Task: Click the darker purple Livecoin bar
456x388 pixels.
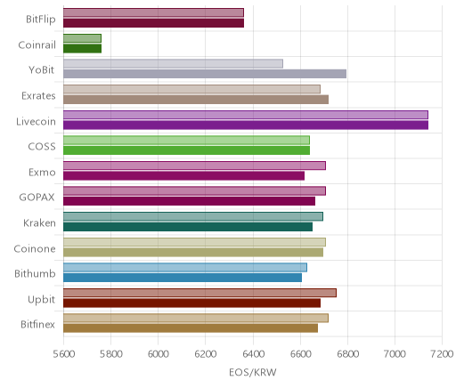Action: pos(246,125)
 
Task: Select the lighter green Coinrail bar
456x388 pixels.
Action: pos(82,38)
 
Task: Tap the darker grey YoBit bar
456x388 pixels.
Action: pos(205,74)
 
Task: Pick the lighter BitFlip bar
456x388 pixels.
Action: pos(153,12)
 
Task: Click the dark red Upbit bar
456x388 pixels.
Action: pos(191,303)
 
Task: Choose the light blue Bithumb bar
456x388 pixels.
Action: pos(185,268)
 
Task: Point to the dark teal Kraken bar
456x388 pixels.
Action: pos(188,227)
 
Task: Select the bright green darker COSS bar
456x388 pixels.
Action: pos(186,150)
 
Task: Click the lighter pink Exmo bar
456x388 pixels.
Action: pos(194,166)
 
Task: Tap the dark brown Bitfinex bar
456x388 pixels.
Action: pos(191,328)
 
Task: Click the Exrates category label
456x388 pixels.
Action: pos(38,96)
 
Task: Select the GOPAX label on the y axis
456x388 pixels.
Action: pos(37,198)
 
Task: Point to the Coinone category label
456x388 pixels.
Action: pos(35,248)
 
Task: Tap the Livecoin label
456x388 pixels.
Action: pos(36,122)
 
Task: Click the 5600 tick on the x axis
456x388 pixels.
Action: pos(63,354)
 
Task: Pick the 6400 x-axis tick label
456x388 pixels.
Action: pos(253,354)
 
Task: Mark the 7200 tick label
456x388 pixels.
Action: pos(443,354)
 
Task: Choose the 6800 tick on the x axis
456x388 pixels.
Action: pos(347,354)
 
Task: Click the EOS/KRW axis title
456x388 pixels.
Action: pos(253,372)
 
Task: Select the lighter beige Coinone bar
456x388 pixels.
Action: pos(194,242)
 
